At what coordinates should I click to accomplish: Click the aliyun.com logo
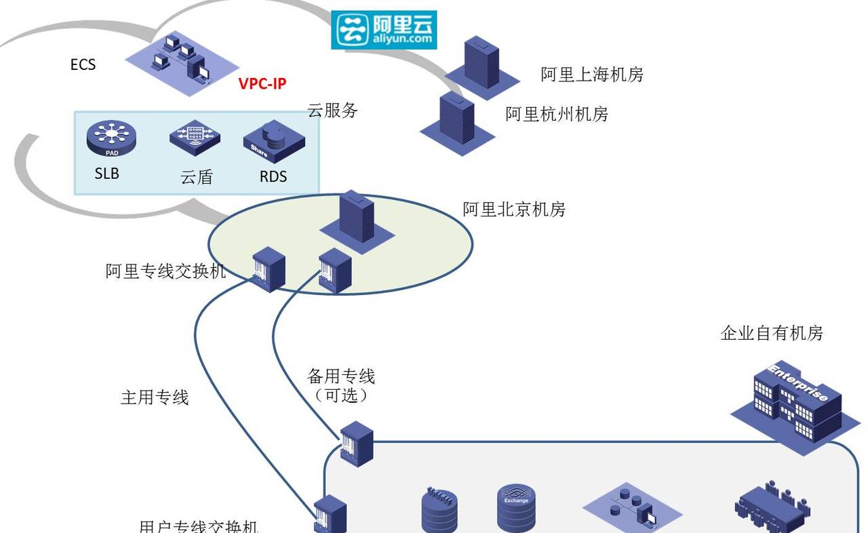pyautogui.click(x=384, y=30)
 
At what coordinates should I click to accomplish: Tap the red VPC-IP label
pyautogui.click(x=262, y=84)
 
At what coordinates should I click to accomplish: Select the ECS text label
pyautogui.click(x=83, y=65)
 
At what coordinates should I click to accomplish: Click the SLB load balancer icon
pyautogui.click(x=111, y=138)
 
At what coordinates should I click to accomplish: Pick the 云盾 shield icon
pyautogui.click(x=195, y=138)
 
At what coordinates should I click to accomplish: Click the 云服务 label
pyautogui.click(x=332, y=111)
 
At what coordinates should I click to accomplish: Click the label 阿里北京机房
pyautogui.click(x=514, y=210)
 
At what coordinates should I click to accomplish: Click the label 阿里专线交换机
pyautogui.click(x=165, y=272)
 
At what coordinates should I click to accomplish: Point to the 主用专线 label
pyautogui.click(x=155, y=397)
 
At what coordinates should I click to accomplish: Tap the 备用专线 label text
pyautogui.click(x=341, y=376)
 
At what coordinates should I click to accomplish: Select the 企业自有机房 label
pyautogui.click(x=772, y=333)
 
